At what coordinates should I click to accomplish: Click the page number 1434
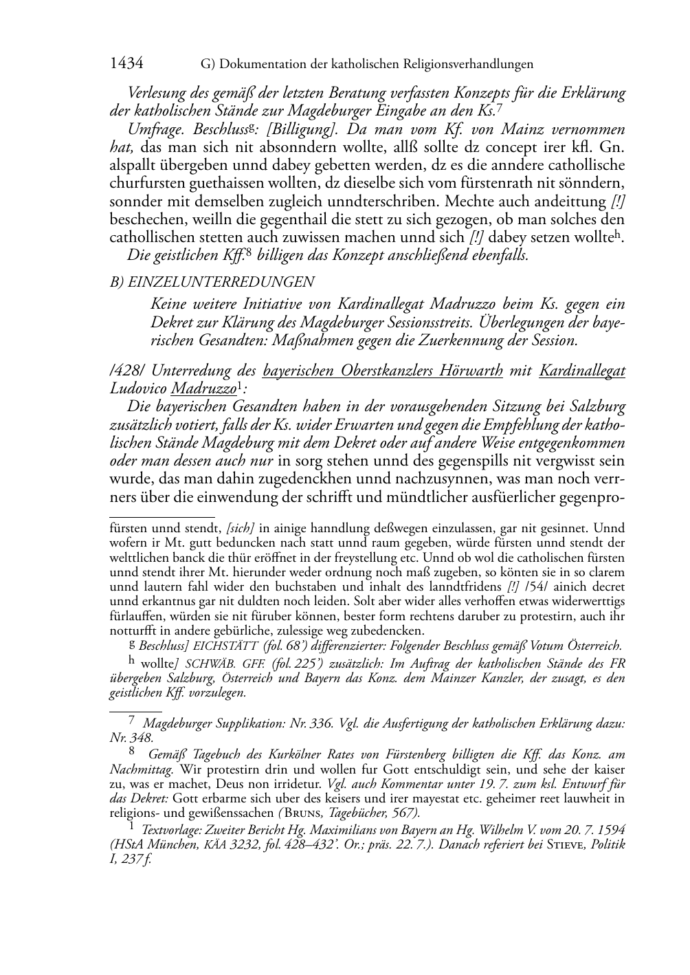[126, 64]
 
